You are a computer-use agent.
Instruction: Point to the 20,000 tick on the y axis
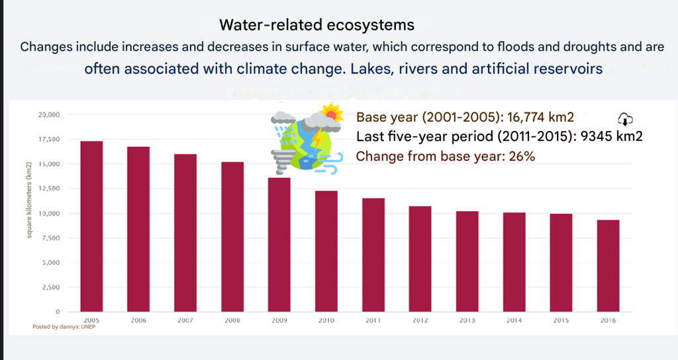click(50, 115)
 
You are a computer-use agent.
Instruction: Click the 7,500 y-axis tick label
click(52, 238)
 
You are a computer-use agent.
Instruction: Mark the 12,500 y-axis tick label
click(50, 189)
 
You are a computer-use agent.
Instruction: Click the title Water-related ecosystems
click(316, 25)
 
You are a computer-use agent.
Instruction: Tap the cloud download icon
click(625, 119)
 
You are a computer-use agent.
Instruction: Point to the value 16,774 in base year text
click(528, 118)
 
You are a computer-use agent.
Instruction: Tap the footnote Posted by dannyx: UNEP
click(69, 327)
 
